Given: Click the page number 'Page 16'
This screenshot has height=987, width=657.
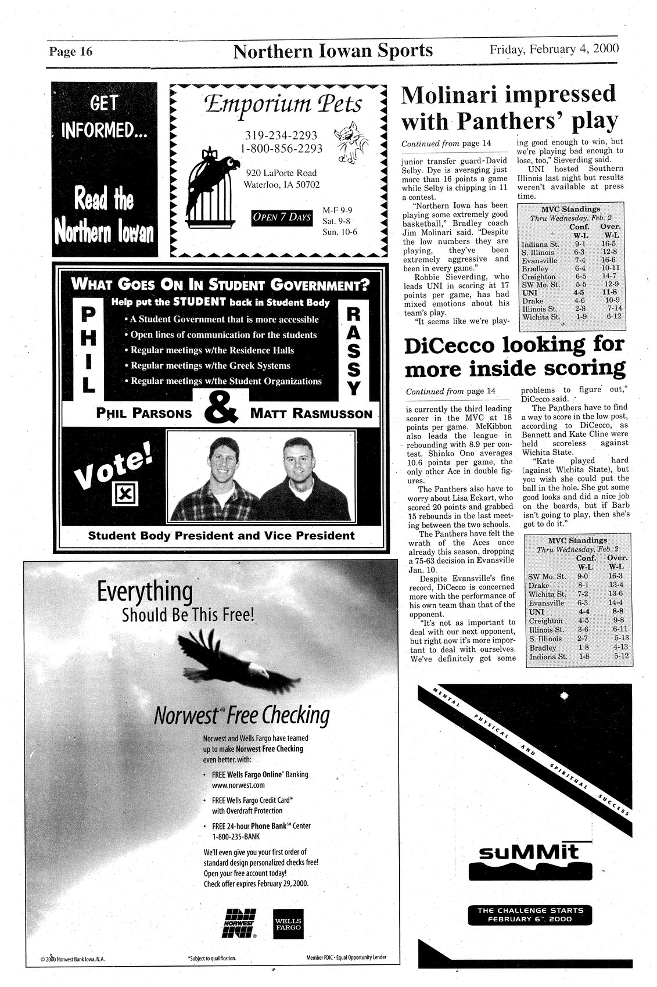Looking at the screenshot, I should (x=70, y=52).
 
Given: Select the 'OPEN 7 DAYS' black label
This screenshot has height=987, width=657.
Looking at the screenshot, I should (x=281, y=217).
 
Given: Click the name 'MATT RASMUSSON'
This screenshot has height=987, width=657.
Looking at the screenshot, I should (x=311, y=414).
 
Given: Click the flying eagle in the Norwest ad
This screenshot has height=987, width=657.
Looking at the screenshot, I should (x=222, y=659).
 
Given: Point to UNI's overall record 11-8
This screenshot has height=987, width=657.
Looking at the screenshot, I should (x=609, y=293).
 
